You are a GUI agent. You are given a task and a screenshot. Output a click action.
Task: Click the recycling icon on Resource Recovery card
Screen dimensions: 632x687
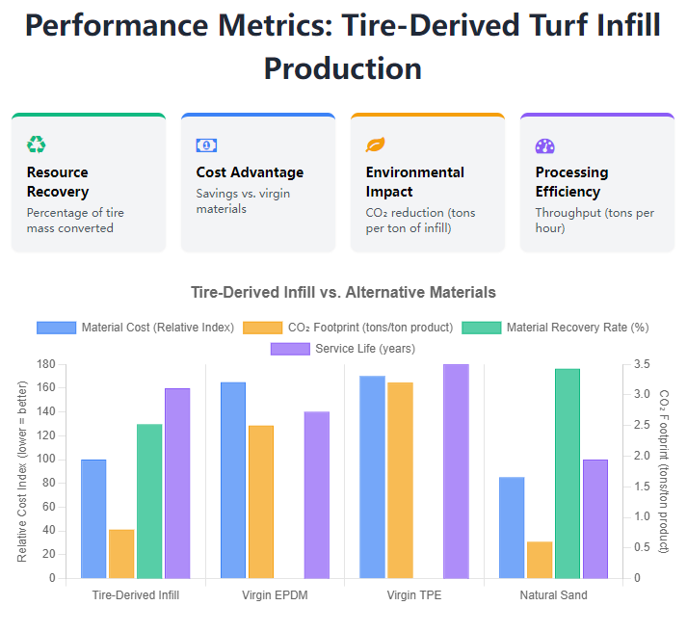coord(37,145)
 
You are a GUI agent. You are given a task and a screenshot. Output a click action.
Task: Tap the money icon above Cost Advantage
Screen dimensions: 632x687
coord(206,145)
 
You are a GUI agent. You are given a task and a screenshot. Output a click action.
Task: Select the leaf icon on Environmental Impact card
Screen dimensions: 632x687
coord(375,145)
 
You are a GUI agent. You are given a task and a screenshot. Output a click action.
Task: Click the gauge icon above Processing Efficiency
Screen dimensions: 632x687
coord(544,145)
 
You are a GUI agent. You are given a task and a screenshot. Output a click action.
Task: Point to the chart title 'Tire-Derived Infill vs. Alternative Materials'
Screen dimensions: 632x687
coord(343,292)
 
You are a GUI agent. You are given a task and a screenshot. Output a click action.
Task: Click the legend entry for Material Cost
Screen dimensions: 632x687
coord(136,328)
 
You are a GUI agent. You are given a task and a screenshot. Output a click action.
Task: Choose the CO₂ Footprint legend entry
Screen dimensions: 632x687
coord(351,328)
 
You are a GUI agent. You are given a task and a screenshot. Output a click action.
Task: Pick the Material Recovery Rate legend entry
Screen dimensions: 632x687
coord(556,328)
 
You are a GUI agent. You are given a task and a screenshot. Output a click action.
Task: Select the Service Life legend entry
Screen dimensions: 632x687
coord(343,348)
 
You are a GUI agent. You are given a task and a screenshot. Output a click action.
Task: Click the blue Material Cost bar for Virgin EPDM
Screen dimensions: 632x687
coord(233,480)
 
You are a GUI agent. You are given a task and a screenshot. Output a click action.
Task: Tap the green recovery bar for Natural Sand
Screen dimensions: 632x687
coord(568,473)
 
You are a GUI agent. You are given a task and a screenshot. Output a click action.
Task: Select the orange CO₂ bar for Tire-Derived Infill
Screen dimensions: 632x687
coord(121,554)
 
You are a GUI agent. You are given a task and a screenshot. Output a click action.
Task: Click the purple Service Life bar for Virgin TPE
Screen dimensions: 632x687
coord(456,471)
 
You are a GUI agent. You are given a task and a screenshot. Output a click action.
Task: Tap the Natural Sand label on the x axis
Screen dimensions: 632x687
coord(553,595)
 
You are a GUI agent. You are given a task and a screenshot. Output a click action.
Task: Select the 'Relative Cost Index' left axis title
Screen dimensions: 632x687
coord(22,471)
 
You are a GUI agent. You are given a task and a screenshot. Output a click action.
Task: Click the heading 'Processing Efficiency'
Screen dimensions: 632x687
coord(571,181)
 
